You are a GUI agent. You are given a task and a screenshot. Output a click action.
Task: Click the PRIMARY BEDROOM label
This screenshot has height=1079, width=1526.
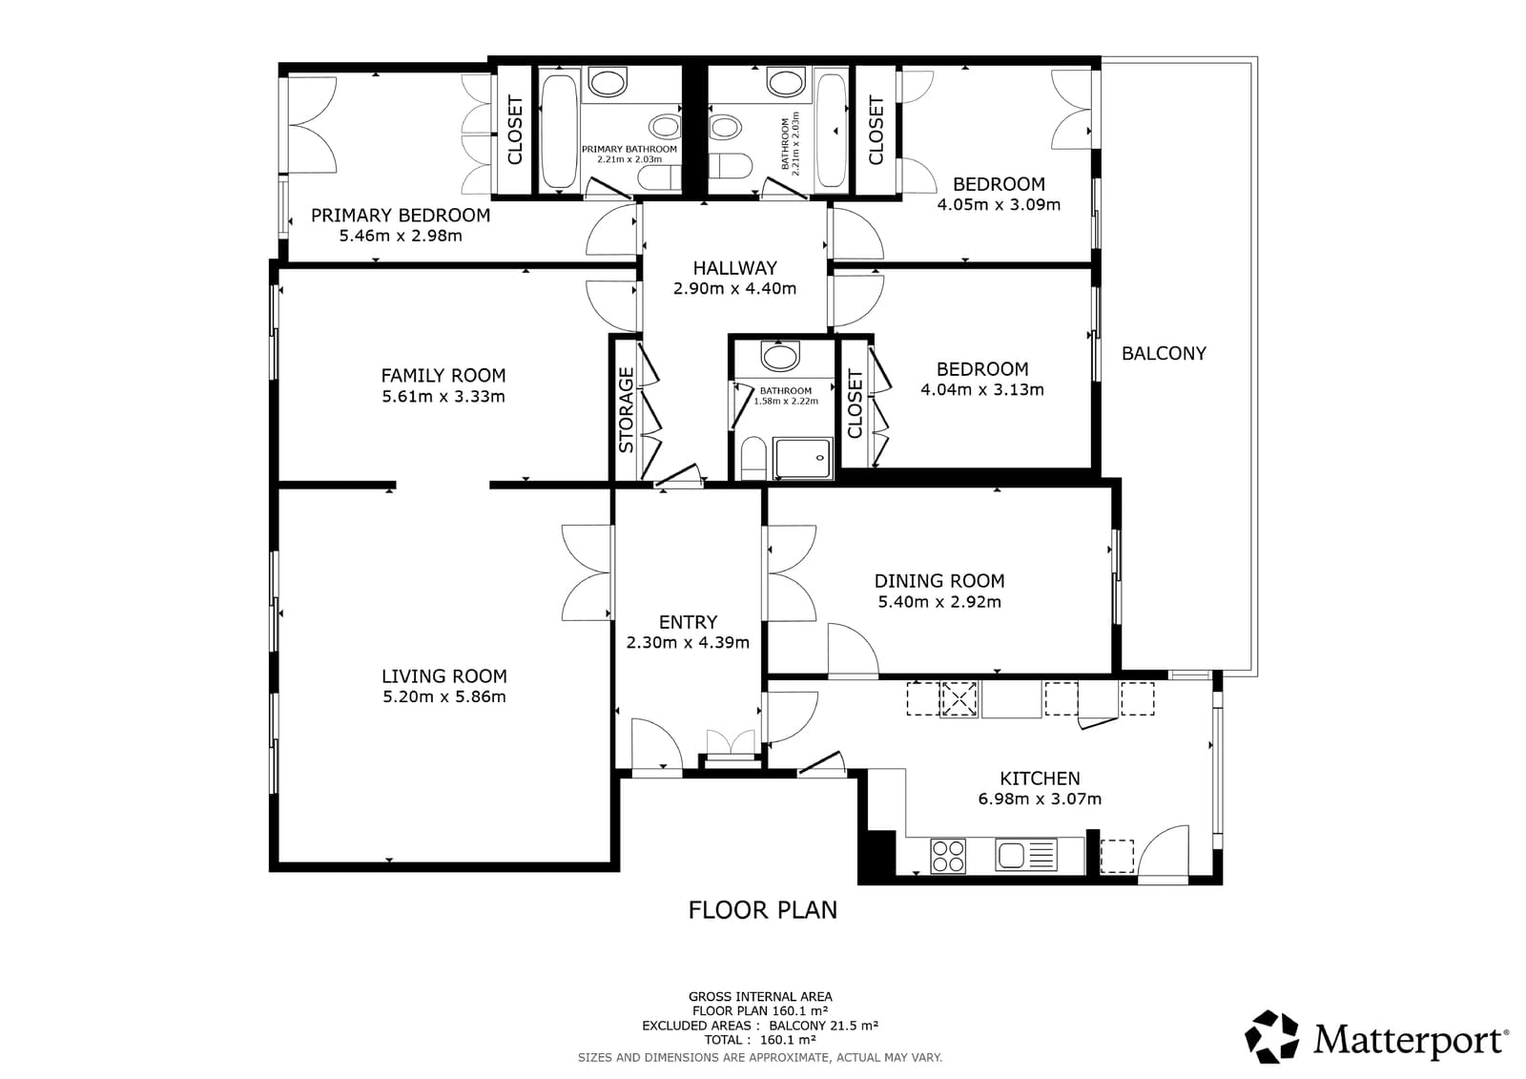point(401,216)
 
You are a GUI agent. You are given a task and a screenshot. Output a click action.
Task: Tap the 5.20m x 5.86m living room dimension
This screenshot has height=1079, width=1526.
point(443,697)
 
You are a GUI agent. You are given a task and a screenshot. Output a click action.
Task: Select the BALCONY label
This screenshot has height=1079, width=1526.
point(1164,354)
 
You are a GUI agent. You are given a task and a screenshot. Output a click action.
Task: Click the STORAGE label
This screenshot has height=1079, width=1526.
point(627,410)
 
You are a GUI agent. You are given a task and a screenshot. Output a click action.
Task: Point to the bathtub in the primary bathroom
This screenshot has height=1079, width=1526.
point(558,132)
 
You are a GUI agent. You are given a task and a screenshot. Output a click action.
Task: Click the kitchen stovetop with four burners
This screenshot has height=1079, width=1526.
point(948,855)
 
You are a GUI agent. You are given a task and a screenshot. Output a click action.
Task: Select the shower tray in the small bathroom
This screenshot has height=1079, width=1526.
point(802,459)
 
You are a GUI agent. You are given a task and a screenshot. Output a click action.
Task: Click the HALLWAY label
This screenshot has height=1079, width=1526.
point(734,268)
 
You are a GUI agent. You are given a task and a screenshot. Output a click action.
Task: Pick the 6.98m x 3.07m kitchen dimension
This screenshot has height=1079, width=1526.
point(1040,799)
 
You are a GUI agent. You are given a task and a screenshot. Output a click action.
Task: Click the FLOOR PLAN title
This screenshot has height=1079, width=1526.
point(762,910)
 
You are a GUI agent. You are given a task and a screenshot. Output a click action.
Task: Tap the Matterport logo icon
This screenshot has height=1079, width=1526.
point(1272,1036)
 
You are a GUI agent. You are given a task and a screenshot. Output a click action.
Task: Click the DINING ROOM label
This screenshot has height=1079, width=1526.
point(939,581)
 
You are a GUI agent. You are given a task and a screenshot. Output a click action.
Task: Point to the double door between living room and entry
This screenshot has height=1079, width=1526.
point(588,573)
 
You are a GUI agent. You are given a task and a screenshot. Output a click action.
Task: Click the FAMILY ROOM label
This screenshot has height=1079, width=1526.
point(443,376)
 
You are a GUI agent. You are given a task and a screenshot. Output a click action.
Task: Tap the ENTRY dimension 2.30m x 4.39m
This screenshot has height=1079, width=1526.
point(688,643)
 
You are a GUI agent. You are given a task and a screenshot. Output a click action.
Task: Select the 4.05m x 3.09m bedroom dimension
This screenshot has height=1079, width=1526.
point(999,204)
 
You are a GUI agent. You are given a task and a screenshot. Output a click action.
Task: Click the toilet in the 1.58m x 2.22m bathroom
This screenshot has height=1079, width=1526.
point(752,459)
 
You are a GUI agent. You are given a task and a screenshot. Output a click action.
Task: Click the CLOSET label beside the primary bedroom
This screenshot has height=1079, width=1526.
point(515,130)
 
